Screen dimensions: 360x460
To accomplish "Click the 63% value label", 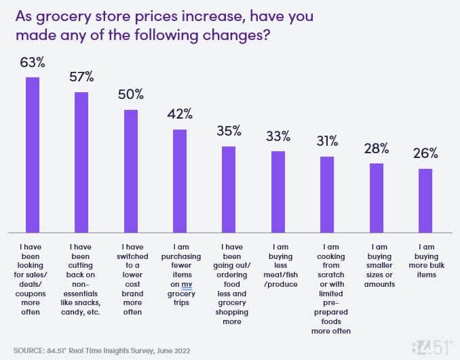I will click(32, 63).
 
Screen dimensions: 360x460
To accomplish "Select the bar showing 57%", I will click(81, 161).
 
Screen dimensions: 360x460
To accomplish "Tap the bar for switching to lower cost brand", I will click(131, 169).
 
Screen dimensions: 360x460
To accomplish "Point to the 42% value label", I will click(180, 114).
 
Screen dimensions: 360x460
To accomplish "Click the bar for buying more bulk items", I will click(425, 200).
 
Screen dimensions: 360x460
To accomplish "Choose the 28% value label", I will click(376, 148).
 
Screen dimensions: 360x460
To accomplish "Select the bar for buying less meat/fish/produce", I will click(278, 191).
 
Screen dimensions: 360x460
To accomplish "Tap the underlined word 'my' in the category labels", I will click(187, 285).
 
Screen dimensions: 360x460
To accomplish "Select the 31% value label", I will click(327, 141).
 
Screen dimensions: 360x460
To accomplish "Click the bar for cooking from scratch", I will click(327, 194).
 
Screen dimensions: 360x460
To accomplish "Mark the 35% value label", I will click(229, 131).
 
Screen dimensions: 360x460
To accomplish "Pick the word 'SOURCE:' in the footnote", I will click(28, 351).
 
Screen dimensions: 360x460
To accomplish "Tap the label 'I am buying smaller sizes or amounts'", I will click(377, 266).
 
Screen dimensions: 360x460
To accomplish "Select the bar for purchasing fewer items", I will click(180, 180).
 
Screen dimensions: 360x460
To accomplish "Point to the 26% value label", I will click(425, 153).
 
